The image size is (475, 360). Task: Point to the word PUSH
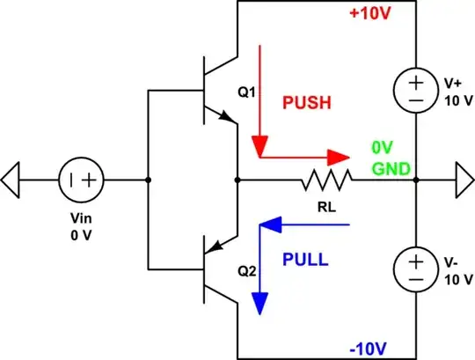306,102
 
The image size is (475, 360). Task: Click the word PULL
306,260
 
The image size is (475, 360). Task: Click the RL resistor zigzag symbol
327,182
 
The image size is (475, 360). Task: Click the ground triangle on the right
463,182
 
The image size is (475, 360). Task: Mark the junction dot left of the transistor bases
148,182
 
